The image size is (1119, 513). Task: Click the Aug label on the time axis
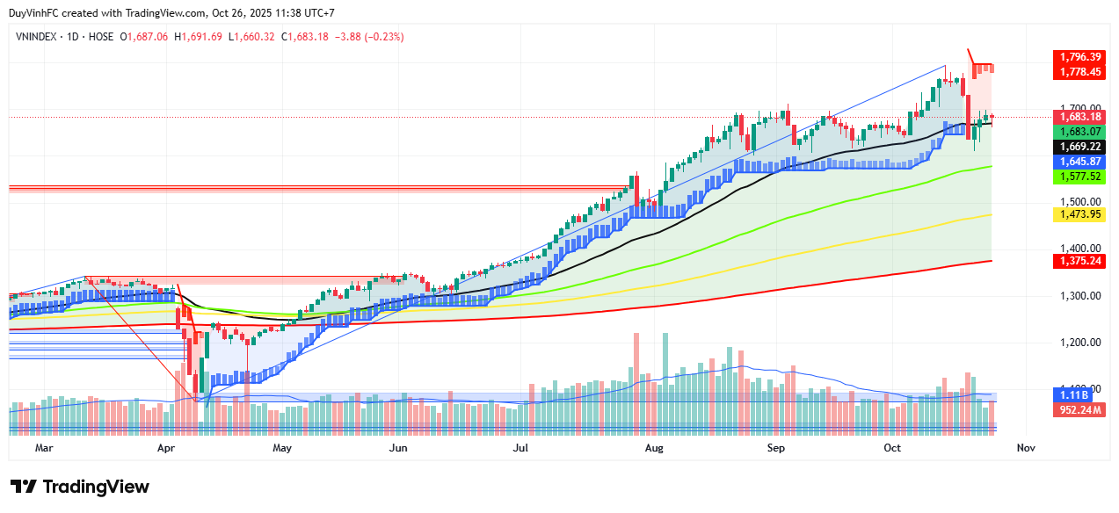[x=654, y=448]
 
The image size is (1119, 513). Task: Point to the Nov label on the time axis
[x=1025, y=448]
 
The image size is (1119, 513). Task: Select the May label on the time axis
[x=282, y=448]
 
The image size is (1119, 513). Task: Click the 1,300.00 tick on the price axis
[x=1077, y=296]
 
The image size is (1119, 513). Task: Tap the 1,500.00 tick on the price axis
[x=1077, y=202]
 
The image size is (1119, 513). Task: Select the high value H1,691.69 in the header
[x=199, y=37]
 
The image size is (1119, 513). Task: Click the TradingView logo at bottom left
[x=80, y=487]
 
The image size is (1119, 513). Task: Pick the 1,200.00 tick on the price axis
[x=1077, y=343]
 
